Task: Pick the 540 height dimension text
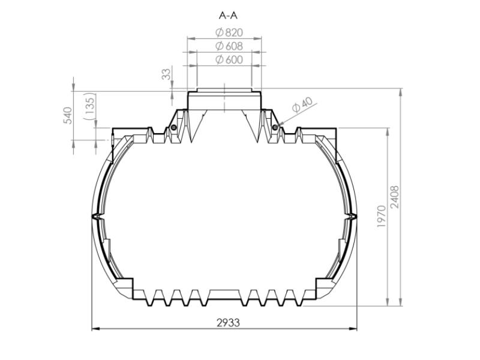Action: [68, 115]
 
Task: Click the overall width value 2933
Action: [227, 322]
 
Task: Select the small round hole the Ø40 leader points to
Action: [275, 127]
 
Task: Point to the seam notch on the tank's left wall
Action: [94, 214]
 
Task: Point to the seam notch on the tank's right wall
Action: [355, 214]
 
